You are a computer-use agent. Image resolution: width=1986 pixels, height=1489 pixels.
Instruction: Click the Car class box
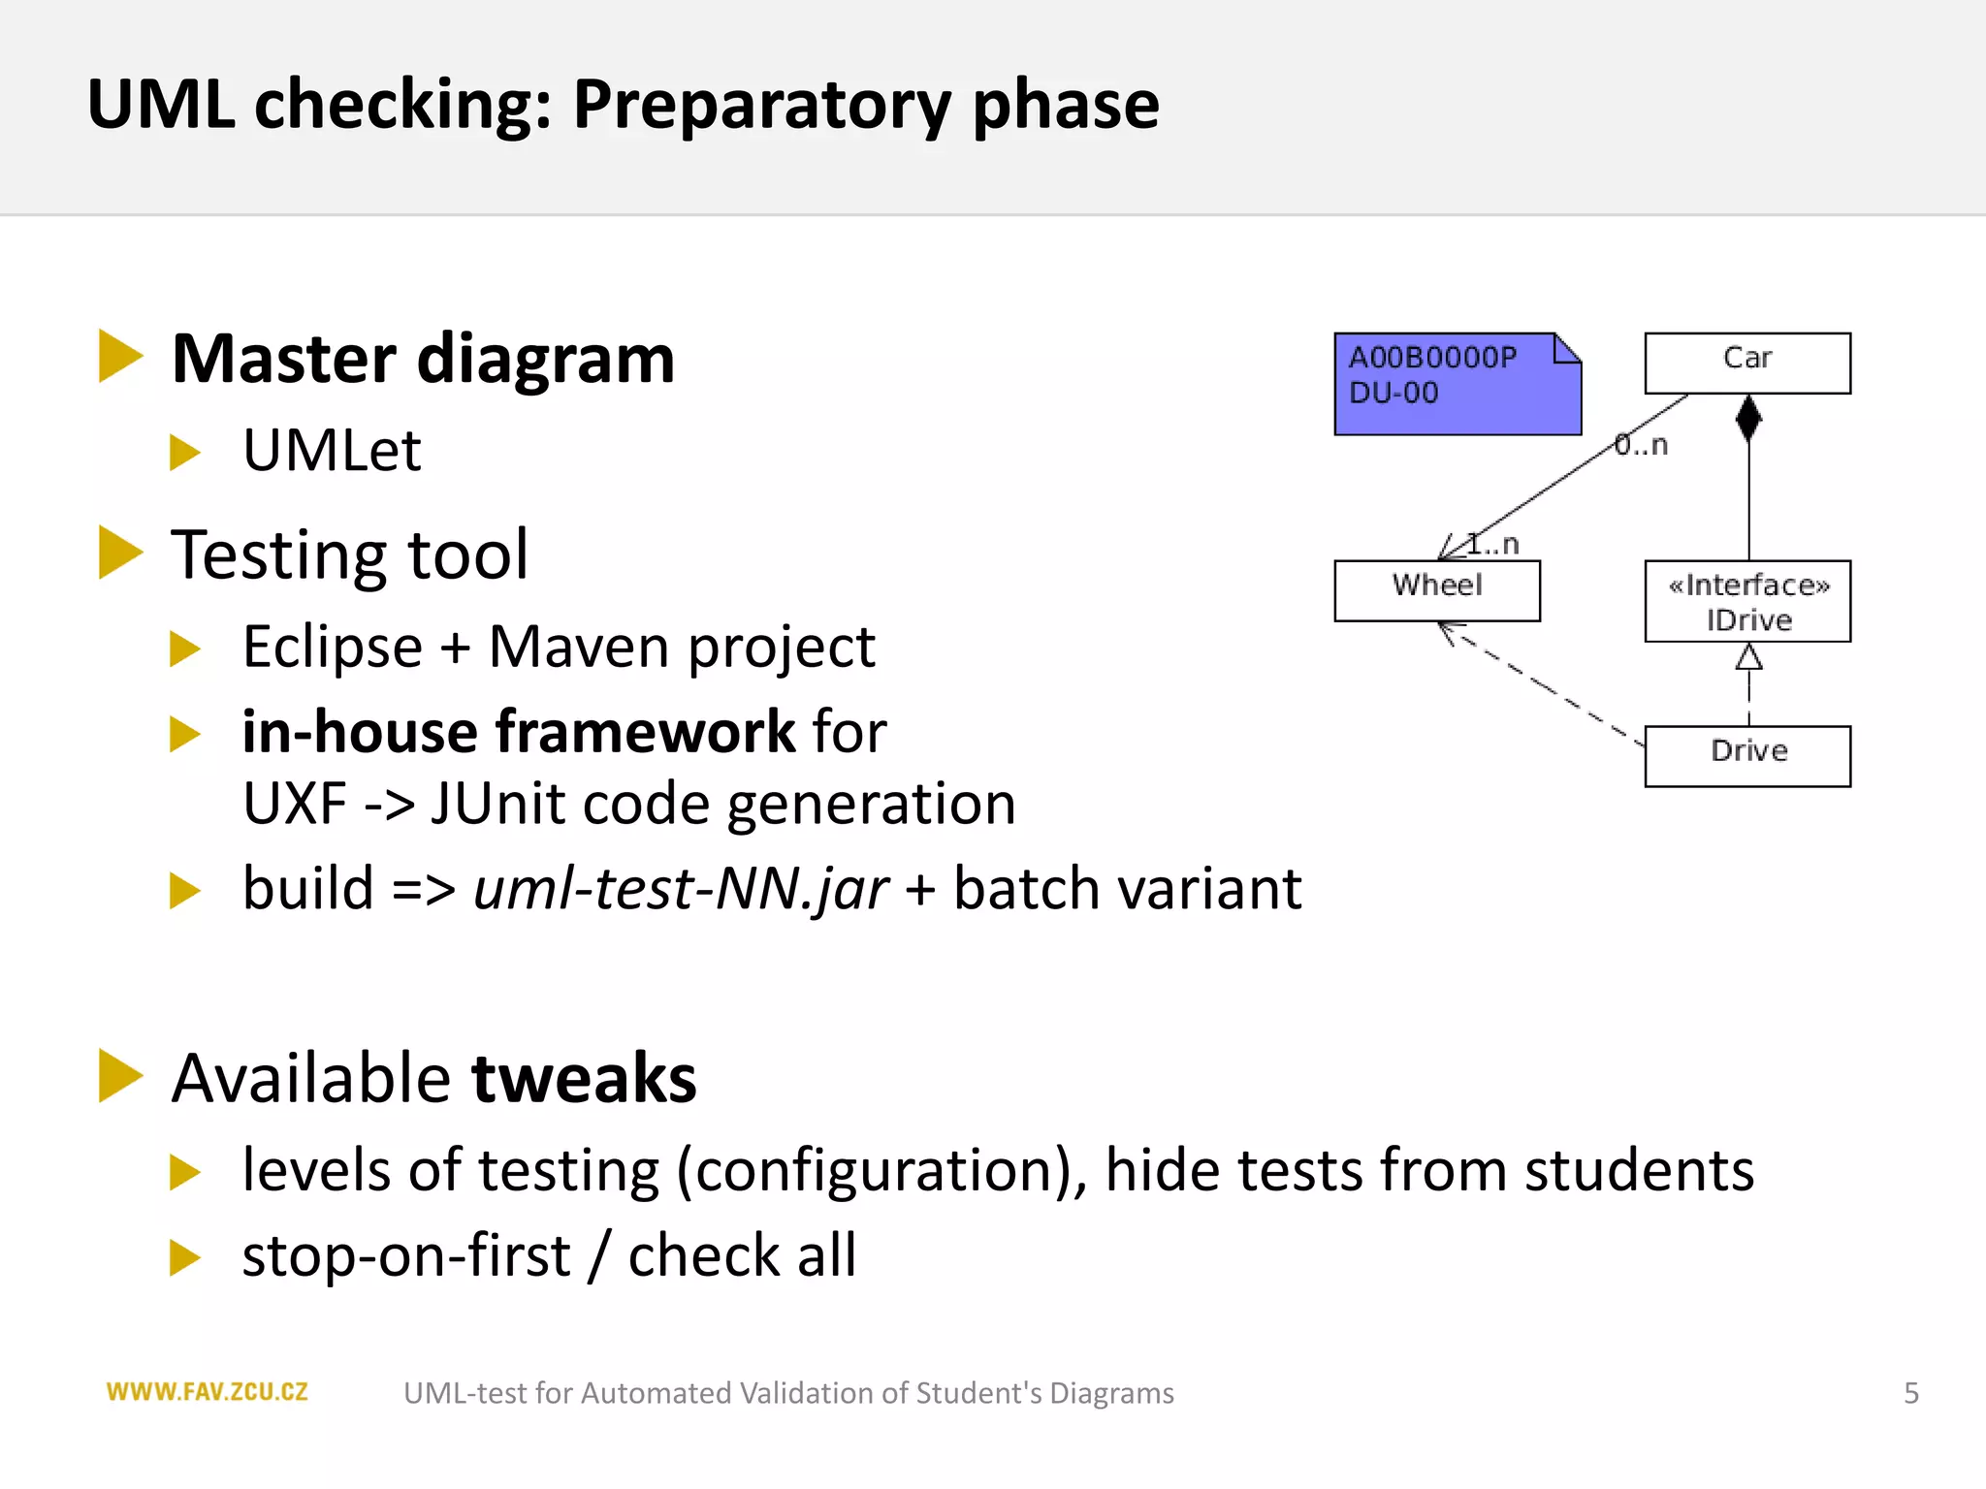point(1746,363)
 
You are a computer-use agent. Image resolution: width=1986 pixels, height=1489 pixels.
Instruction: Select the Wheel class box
point(1436,589)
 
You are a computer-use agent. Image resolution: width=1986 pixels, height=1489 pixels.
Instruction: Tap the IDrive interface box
point(1746,601)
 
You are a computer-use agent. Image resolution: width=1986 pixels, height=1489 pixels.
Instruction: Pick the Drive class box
point(1746,755)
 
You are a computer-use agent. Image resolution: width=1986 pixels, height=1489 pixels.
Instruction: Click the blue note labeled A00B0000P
point(1457,384)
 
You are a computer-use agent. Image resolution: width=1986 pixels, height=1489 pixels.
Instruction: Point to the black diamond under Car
point(1747,418)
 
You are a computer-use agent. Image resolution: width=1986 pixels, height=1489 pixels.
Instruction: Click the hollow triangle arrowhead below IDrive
point(1747,658)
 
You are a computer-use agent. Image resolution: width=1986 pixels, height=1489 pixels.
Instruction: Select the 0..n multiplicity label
point(1641,445)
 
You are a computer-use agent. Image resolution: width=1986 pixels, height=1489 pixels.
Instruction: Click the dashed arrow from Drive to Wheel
point(1542,684)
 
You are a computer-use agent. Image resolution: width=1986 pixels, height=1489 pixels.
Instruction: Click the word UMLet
point(332,451)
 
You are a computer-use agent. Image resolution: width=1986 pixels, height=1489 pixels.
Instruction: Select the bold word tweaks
point(584,1078)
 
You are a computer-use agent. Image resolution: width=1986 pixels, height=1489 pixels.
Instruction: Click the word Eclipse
point(332,647)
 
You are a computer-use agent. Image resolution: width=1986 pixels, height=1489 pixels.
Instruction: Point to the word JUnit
point(496,804)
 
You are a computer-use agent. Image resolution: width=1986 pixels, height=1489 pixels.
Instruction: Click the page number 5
point(1910,1393)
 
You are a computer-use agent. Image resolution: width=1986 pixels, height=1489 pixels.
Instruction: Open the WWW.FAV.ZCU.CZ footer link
point(207,1392)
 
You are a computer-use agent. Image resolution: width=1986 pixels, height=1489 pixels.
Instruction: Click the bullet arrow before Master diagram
point(120,357)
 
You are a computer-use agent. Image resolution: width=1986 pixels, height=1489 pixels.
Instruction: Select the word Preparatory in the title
point(761,104)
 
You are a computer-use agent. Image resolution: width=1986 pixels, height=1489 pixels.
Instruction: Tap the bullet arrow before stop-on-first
point(184,1257)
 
